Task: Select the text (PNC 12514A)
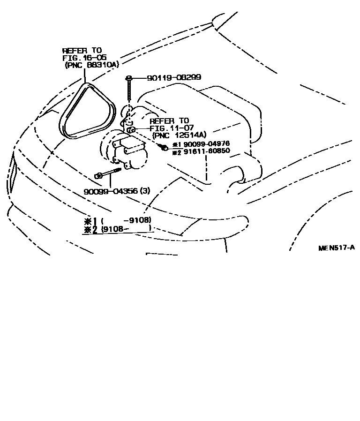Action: click(180, 135)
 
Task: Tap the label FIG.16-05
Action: click(84, 58)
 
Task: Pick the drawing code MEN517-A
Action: click(336, 248)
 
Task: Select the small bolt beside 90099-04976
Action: click(165, 148)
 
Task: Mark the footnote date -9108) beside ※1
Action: click(137, 220)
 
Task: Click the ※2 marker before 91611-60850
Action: click(176, 152)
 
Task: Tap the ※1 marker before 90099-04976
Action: click(176, 145)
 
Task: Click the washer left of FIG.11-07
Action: click(132, 129)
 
